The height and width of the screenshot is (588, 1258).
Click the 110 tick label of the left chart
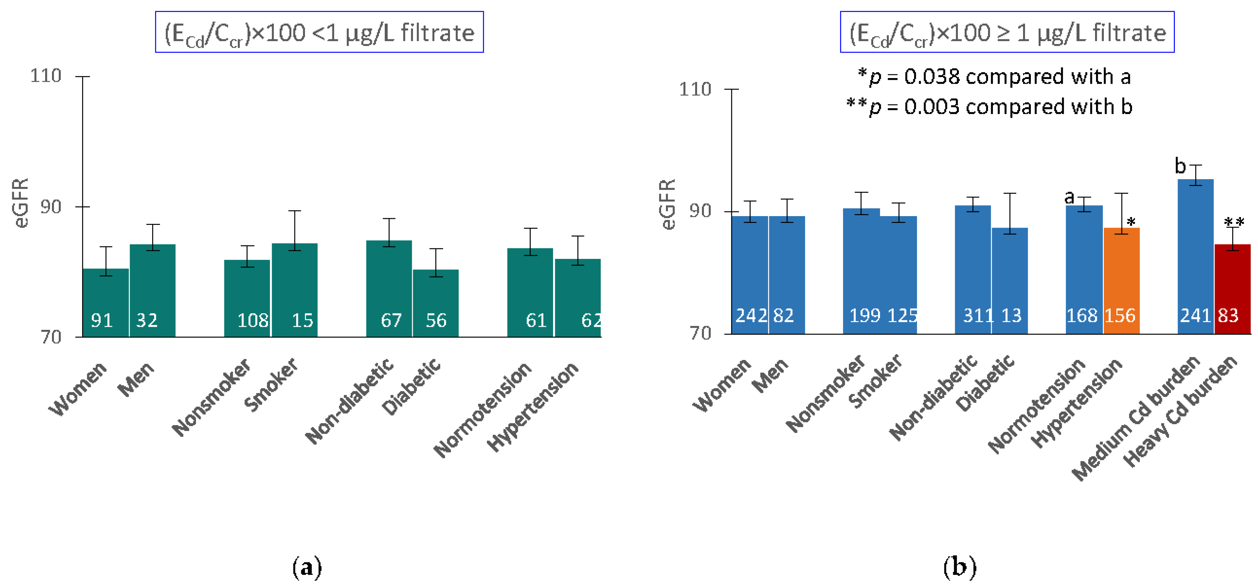pyautogui.click(x=46, y=76)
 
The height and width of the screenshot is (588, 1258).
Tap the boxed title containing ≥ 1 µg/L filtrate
pyautogui.click(x=1007, y=32)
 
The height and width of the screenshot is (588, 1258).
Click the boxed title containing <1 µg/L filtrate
pyautogui.click(x=320, y=32)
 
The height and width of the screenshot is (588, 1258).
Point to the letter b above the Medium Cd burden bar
pyautogui.click(x=1180, y=166)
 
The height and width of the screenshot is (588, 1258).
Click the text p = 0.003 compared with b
pyautogui.click(x=989, y=107)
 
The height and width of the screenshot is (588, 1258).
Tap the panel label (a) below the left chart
pyautogui.click(x=307, y=567)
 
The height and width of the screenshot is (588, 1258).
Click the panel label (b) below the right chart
pyautogui.click(x=960, y=567)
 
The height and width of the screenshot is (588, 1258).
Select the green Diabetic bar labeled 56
pyautogui.click(x=436, y=303)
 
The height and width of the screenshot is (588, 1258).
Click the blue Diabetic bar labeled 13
pyautogui.click(x=1009, y=281)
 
